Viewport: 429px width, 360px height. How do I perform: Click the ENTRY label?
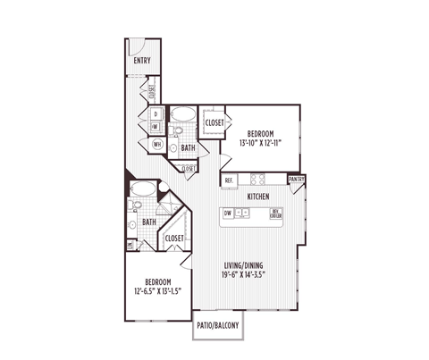[141, 61]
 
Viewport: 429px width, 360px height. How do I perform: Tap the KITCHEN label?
[259, 196]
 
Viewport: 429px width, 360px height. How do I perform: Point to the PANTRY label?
[297, 180]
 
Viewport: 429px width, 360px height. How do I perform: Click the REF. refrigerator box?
[230, 180]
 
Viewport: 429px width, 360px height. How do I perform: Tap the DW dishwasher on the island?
[229, 213]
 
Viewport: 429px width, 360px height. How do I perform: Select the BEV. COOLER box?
[276, 213]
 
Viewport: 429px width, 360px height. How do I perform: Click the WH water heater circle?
[158, 144]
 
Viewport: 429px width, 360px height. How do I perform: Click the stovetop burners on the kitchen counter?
[246, 213]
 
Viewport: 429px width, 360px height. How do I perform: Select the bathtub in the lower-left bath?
[143, 189]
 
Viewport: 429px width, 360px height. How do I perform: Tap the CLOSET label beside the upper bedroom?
[214, 122]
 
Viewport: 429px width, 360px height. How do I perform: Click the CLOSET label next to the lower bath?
[174, 239]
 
